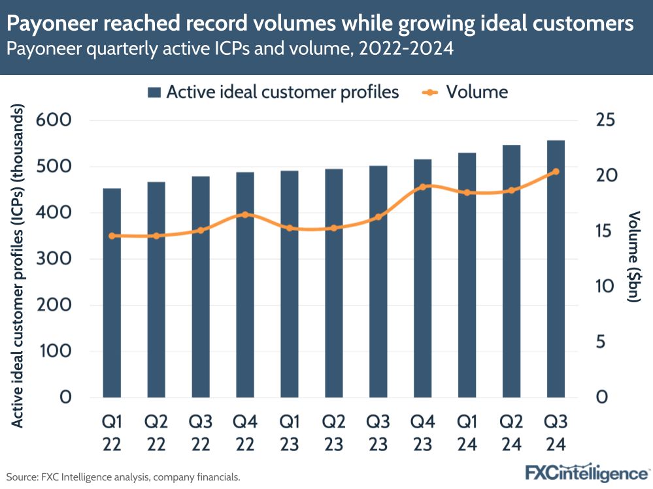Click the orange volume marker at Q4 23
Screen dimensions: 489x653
(423, 187)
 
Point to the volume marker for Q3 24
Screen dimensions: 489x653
(556, 172)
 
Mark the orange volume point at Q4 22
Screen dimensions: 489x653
(245, 214)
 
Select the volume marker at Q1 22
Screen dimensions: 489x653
(112, 236)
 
